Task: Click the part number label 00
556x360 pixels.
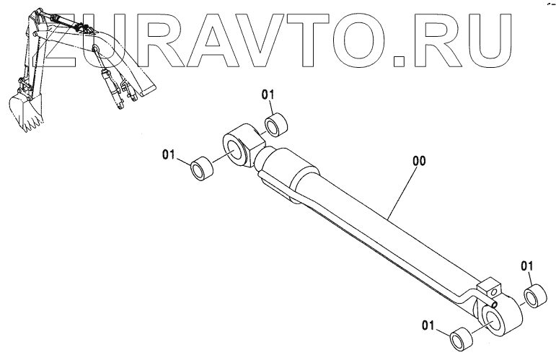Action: [x=419, y=162]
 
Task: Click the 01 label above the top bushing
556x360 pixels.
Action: [x=268, y=95]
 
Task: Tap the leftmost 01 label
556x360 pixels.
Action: [x=169, y=154]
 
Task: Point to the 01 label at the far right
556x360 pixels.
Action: [x=527, y=266]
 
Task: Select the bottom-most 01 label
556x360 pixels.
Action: [x=431, y=327]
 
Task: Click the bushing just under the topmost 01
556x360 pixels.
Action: [x=277, y=125]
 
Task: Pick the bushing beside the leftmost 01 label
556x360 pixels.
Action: [x=201, y=170]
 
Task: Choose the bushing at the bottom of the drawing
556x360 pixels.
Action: [x=462, y=338]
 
